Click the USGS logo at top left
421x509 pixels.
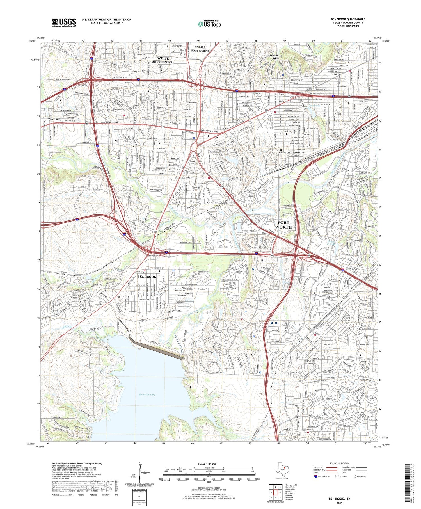pyautogui.click(x=64, y=22)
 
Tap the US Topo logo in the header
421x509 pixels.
pyautogui.click(x=209, y=24)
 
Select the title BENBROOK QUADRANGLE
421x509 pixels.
pyautogui.click(x=348, y=19)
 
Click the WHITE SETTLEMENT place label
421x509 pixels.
pyautogui.click(x=163, y=60)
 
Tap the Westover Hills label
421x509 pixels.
pyautogui.click(x=276, y=57)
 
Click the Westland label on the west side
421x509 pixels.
pyautogui.click(x=54, y=119)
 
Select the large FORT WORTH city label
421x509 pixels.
pyautogui.click(x=283, y=225)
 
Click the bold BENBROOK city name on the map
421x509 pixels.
pyautogui.click(x=147, y=277)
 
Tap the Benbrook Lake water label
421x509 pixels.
pyautogui.click(x=147, y=395)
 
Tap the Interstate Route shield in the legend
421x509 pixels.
pyautogui.click(x=316, y=476)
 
